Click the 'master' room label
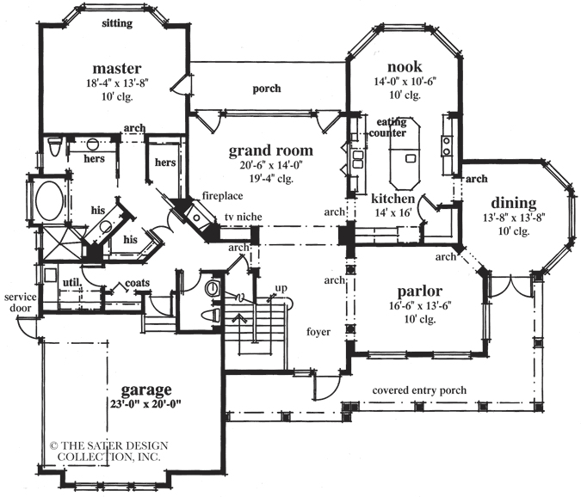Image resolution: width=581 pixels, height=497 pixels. click(117, 68)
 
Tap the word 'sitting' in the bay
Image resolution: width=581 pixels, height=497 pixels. click(117, 24)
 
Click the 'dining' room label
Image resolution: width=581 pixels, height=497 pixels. click(515, 203)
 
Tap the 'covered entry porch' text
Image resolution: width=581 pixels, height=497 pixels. click(419, 390)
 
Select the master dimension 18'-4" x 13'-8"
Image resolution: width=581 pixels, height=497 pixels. click(117, 83)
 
